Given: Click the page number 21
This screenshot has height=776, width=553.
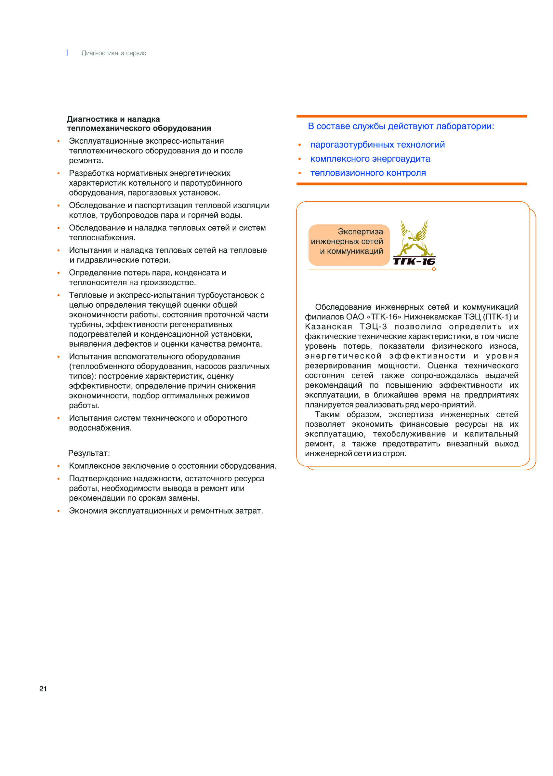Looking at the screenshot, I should click(x=43, y=689).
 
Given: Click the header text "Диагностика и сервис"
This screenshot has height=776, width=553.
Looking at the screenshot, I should click(x=114, y=53).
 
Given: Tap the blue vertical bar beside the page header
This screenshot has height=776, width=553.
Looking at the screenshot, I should click(x=67, y=53).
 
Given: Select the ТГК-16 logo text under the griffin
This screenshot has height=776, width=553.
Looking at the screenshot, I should click(x=414, y=261).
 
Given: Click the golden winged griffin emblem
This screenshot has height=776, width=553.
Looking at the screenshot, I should click(x=414, y=238).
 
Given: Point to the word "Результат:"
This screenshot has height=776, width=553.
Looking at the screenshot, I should click(x=89, y=453).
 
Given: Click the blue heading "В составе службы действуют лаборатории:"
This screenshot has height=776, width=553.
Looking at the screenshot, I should click(x=401, y=127).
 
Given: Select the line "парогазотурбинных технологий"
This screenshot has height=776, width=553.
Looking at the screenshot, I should click(x=377, y=145).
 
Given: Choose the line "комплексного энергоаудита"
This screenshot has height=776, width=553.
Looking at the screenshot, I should click(x=370, y=159).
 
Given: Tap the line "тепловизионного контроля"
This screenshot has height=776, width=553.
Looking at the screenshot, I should click(x=368, y=173).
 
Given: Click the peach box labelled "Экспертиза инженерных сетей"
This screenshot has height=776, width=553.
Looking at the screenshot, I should click(x=349, y=245).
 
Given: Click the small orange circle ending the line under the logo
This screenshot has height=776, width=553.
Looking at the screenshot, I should click(x=434, y=269).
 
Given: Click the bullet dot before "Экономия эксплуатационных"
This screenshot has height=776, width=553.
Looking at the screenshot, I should click(x=59, y=511).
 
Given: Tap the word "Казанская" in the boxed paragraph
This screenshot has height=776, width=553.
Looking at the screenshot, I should click(x=328, y=327).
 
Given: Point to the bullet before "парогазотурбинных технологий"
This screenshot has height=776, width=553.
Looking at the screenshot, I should click(x=300, y=145).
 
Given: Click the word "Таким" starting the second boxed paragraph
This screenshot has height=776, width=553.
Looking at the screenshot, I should click(x=327, y=415).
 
